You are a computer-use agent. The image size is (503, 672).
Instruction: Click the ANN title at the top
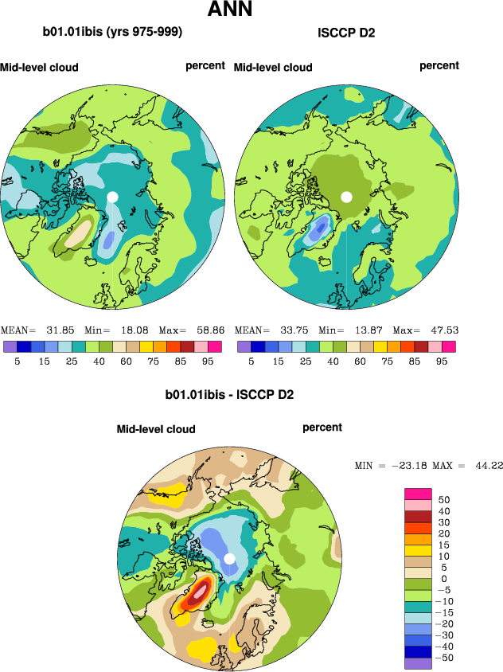(230, 10)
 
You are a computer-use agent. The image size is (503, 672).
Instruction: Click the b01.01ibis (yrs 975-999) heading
(112, 33)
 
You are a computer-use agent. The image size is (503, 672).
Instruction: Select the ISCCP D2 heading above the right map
(346, 33)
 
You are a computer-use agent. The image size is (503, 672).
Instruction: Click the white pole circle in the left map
(113, 196)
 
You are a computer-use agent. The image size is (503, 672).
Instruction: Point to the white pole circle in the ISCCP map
(346, 196)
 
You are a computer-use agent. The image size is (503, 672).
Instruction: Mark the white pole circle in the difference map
(229, 558)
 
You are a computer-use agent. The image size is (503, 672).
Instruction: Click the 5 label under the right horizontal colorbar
(251, 360)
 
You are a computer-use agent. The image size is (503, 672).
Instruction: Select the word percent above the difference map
(322, 428)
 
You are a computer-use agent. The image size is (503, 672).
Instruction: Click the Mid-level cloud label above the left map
(40, 68)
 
